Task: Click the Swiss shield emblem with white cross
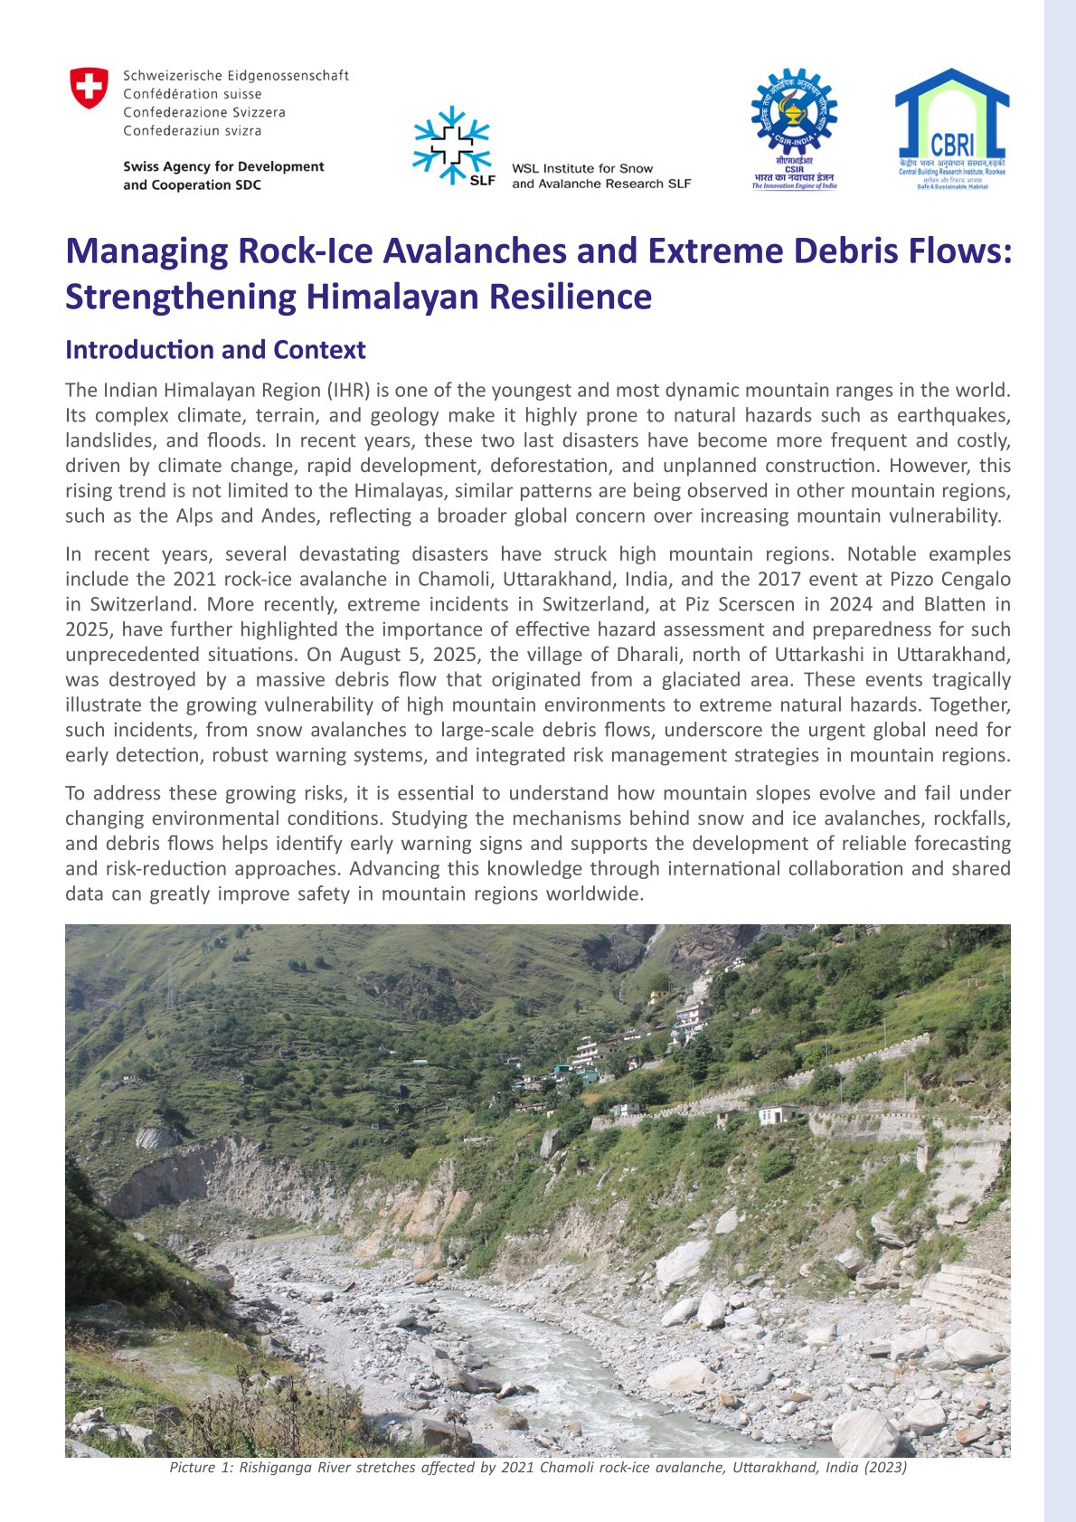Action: (89, 88)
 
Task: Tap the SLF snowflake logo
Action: (451, 146)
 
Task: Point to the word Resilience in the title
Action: (570, 298)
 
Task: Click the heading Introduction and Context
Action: (215, 350)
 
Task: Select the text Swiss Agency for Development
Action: (223, 166)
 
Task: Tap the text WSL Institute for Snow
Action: (582, 168)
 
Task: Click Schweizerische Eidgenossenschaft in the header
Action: (236, 76)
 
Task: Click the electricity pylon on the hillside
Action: (170, 985)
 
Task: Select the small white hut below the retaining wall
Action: (778, 1113)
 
